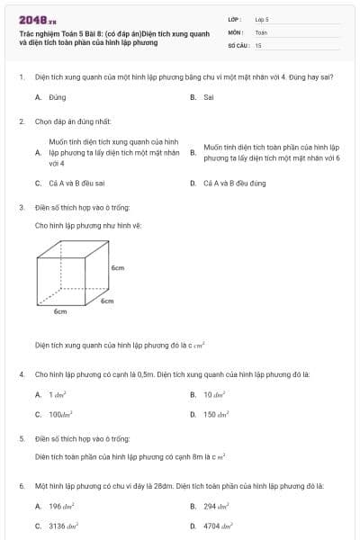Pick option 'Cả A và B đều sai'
pyautogui.click(x=81, y=184)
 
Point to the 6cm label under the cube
pyautogui.click(x=60, y=311)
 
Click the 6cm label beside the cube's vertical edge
pyautogui.click(x=117, y=268)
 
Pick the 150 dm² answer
pyautogui.click(x=217, y=415)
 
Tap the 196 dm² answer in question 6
pyautogui.click(x=61, y=507)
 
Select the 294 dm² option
pyautogui.click(x=217, y=507)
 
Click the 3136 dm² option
pyautogui.click(x=64, y=526)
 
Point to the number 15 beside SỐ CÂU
pyautogui.click(x=258, y=44)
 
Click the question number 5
pyautogui.click(x=21, y=438)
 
